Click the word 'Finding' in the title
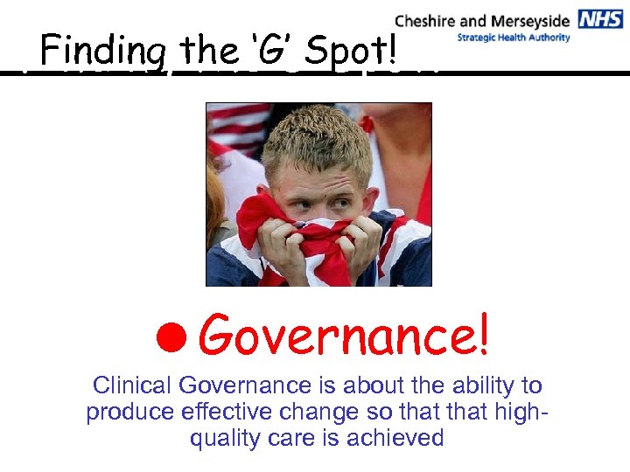(x=102, y=52)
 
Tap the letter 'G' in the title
(x=281, y=51)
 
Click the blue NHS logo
(x=600, y=19)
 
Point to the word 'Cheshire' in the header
(x=426, y=20)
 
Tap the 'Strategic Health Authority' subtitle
(x=514, y=38)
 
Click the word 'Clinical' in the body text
(x=133, y=385)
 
